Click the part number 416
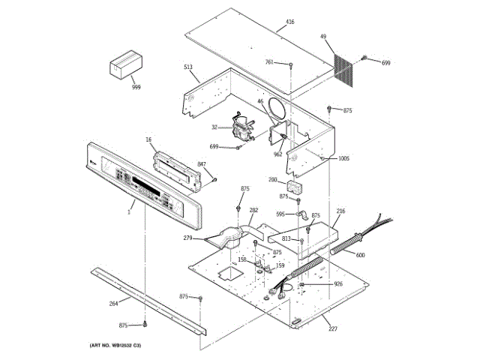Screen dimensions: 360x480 click(x=290, y=22)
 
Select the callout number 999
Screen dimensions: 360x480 click(x=136, y=88)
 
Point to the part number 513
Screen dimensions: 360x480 click(x=188, y=67)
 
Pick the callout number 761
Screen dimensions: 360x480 click(x=269, y=62)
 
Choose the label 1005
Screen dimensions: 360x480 click(x=343, y=158)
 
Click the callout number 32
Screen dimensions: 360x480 click(x=214, y=127)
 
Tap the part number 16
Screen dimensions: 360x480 click(x=148, y=140)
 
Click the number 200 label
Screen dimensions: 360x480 click(x=272, y=179)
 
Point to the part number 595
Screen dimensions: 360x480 click(x=280, y=214)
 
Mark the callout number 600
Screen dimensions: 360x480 click(x=360, y=256)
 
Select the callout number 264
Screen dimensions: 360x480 click(x=114, y=303)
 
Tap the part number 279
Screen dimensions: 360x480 click(x=187, y=238)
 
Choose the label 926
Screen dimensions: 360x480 click(x=338, y=283)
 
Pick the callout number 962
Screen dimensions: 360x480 click(x=277, y=154)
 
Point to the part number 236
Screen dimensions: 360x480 click(x=340, y=212)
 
